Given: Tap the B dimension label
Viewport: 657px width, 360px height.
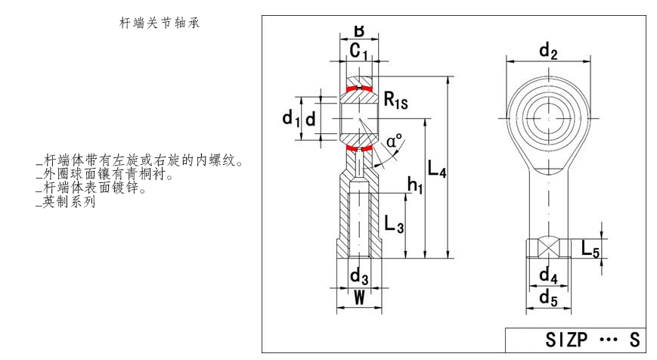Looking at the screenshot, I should (358, 32).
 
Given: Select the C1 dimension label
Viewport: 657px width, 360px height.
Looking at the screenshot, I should (359, 51).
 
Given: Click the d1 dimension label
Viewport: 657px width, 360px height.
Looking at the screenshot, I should (290, 119).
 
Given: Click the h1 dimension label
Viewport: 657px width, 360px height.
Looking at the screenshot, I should (415, 183).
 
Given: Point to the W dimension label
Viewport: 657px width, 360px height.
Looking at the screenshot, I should (359, 298).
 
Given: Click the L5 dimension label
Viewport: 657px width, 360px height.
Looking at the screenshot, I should (590, 247).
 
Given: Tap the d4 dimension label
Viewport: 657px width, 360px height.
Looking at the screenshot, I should (548, 276).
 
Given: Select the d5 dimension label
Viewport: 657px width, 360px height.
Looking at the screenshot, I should (548, 298).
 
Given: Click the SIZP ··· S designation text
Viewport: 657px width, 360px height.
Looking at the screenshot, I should (579, 341).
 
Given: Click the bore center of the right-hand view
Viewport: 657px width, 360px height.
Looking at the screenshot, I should (548, 118).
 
